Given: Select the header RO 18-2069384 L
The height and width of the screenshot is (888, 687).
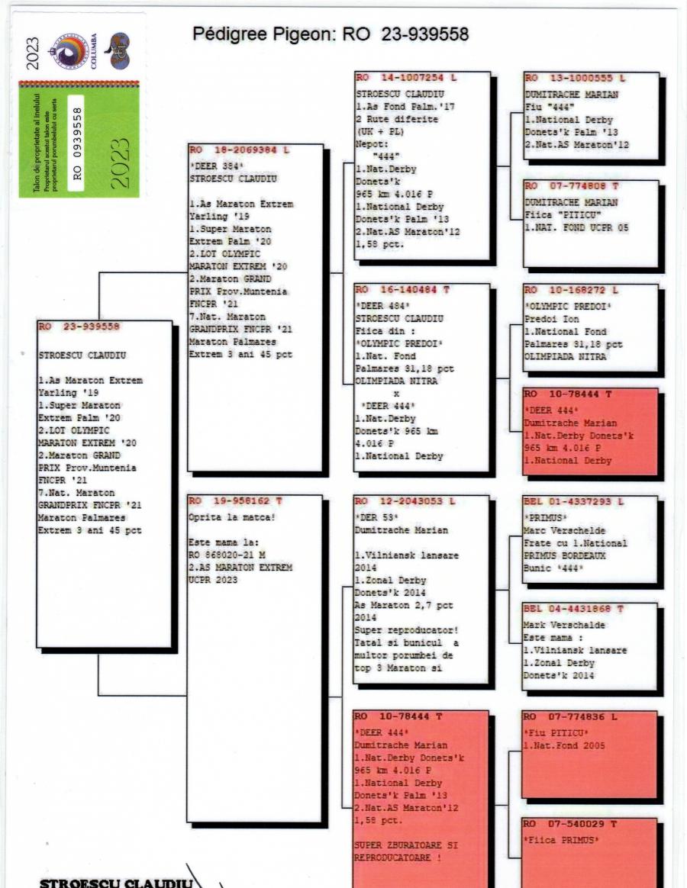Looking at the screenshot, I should click(x=239, y=150).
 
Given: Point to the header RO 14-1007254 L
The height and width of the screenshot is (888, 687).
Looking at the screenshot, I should click(x=405, y=79).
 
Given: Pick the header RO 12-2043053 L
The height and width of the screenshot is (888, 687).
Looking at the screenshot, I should click(x=405, y=501).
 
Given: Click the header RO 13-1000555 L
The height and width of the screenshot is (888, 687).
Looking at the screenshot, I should click(x=574, y=79).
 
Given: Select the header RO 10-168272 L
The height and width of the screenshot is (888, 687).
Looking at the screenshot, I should click(x=571, y=291).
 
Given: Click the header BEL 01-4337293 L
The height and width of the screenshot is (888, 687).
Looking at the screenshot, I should click(x=574, y=501).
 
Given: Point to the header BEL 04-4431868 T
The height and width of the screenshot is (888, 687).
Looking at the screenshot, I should click(x=574, y=609).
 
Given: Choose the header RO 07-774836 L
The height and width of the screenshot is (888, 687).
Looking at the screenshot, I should click(x=571, y=717).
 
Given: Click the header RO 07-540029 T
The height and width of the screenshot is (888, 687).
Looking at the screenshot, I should click(x=571, y=825).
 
